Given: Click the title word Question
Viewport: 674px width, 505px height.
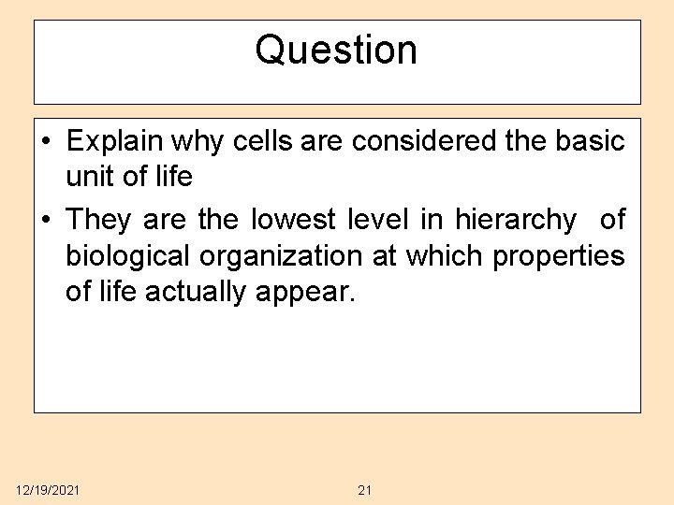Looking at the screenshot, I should click(x=336, y=50).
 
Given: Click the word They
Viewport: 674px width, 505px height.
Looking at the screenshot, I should click(x=100, y=221).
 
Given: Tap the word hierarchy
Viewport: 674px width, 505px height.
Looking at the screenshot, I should click(x=516, y=221).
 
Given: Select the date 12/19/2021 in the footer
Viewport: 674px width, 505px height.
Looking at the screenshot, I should click(x=48, y=490).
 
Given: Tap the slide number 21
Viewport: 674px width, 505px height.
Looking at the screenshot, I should click(x=365, y=490).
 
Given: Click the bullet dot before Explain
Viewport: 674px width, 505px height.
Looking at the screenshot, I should click(x=46, y=142).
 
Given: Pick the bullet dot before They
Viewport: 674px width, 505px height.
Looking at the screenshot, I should click(x=46, y=221).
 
